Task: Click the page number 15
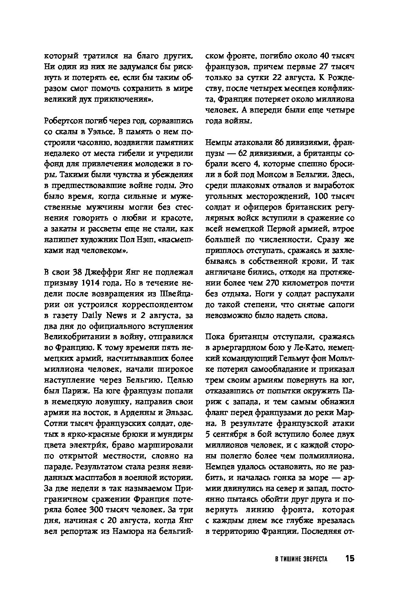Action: tap(349, 558)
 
